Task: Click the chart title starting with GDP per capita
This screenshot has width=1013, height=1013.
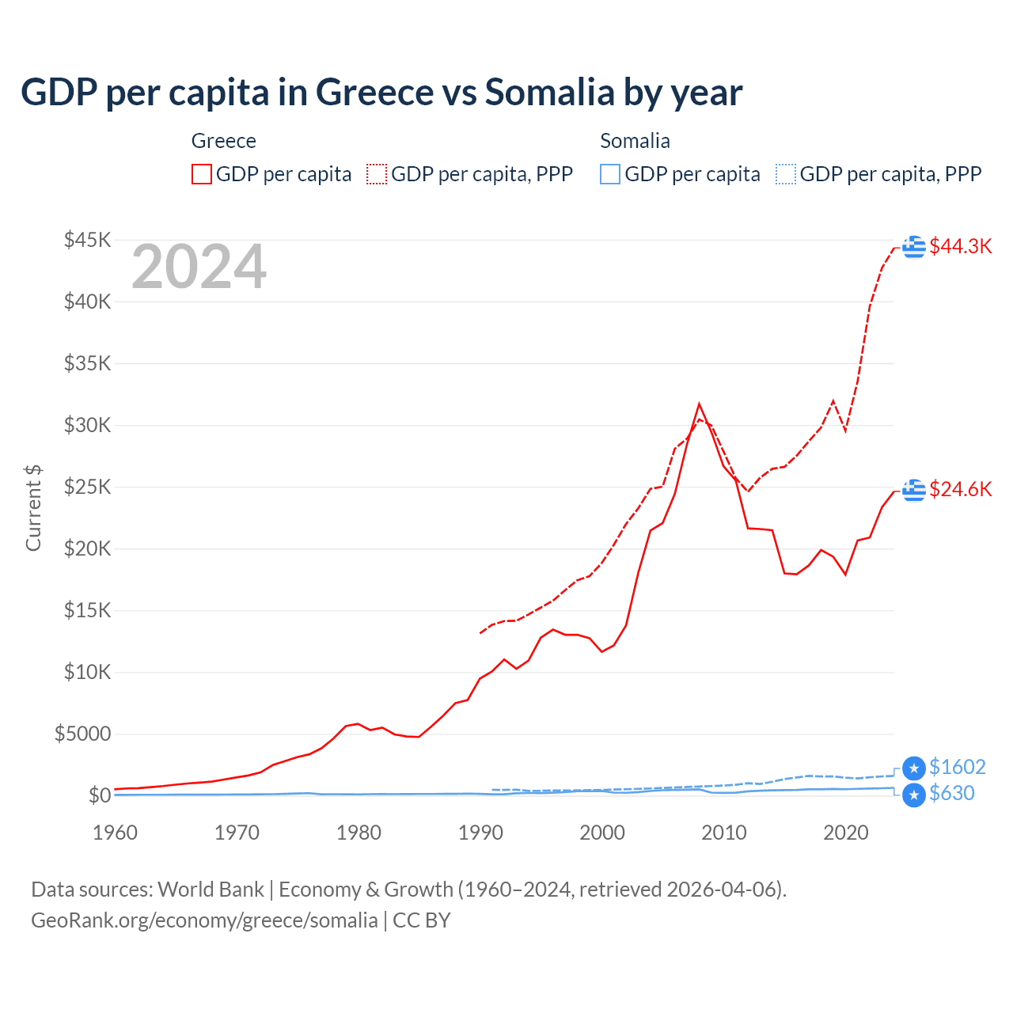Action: tap(381, 93)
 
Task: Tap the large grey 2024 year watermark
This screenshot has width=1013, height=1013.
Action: tap(199, 267)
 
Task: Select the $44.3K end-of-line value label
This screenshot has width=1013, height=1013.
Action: tap(960, 246)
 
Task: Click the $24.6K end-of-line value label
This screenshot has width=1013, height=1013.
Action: tap(960, 489)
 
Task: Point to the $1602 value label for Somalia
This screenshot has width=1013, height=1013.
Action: tap(957, 767)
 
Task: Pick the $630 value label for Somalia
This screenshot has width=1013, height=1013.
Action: tap(951, 793)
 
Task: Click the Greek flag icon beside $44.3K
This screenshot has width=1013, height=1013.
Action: tap(914, 247)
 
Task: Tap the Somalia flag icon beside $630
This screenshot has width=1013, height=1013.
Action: tap(914, 795)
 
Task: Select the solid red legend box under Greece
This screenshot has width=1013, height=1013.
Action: tap(202, 174)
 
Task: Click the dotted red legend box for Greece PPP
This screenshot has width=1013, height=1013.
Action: tap(377, 174)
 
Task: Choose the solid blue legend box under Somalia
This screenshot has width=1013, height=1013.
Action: tap(610, 174)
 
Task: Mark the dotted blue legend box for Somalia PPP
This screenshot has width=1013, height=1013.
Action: tap(786, 174)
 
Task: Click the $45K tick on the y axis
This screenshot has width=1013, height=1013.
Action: tap(87, 240)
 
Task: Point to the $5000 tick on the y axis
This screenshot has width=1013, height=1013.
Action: tap(82, 734)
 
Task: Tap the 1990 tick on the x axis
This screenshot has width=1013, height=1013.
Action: tap(480, 833)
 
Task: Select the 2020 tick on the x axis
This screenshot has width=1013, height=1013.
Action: tap(846, 833)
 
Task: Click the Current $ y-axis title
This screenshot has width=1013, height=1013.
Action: tap(33, 508)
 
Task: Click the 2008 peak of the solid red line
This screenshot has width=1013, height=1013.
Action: tap(699, 404)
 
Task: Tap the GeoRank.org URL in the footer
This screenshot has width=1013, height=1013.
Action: tap(204, 920)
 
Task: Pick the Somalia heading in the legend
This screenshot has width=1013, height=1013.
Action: tap(635, 141)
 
